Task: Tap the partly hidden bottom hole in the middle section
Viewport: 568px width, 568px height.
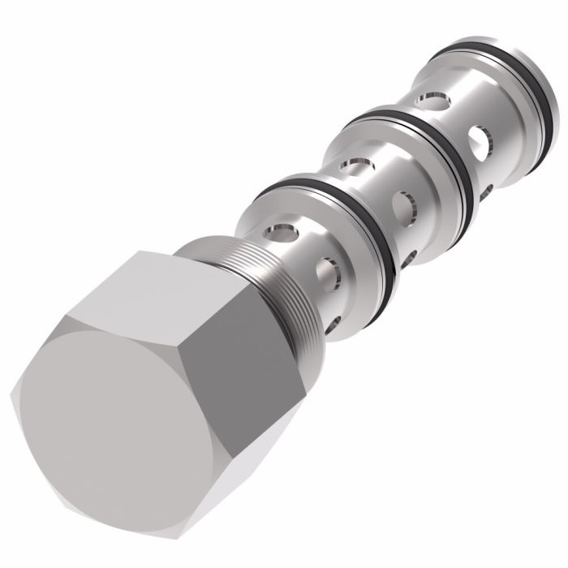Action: [x=406, y=258]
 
